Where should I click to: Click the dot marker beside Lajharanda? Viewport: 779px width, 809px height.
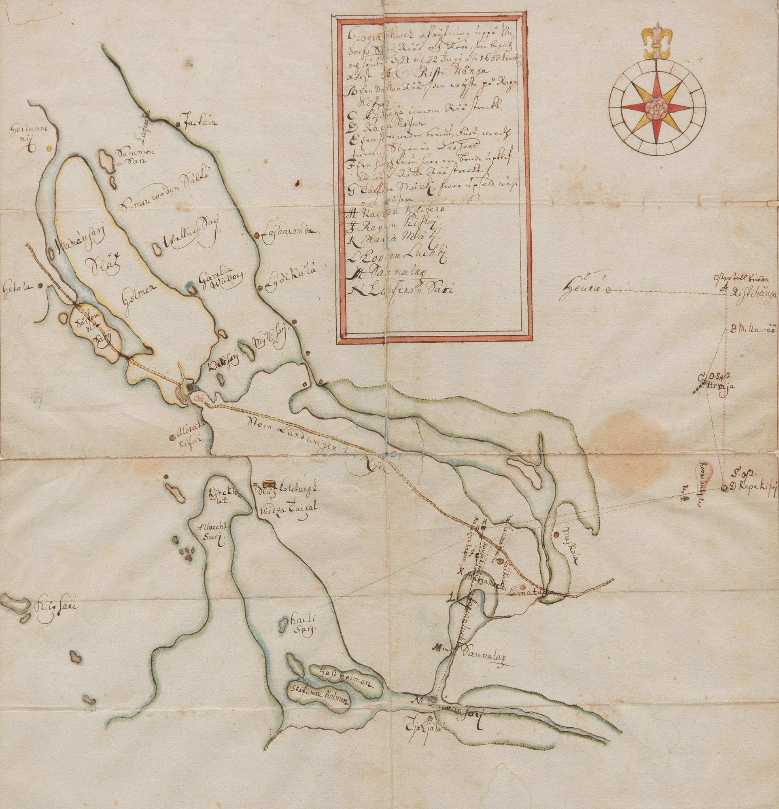click(x=257, y=235)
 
